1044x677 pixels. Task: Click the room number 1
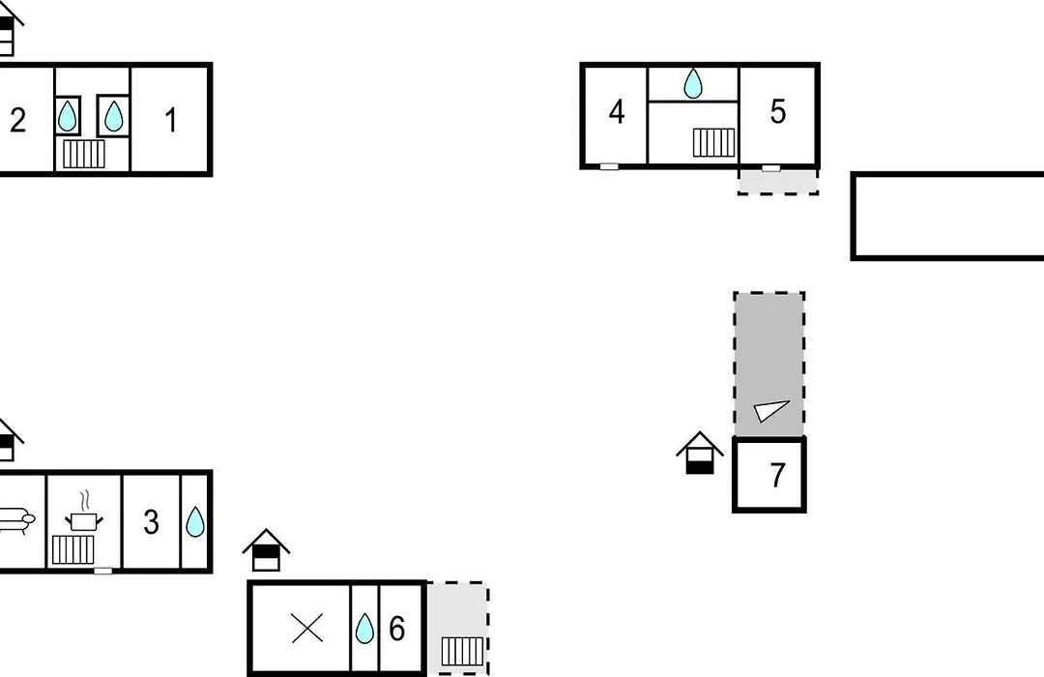(x=171, y=121)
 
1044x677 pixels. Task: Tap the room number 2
(x=18, y=121)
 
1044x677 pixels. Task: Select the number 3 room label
(x=151, y=522)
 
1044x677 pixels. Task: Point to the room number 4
(x=617, y=112)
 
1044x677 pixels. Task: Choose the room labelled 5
(x=777, y=112)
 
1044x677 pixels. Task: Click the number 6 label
(x=397, y=629)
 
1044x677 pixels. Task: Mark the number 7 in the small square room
(x=777, y=476)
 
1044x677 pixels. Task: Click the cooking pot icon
(x=84, y=514)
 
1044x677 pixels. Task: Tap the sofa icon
(x=14, y=519)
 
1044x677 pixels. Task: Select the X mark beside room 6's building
(x=307, y=629)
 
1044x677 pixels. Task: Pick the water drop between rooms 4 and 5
(x=693, y=83)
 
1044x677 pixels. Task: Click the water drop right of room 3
(x=195, y=521)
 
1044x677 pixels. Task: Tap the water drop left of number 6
(x=364, y=629)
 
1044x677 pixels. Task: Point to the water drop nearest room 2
(x=68, y=116)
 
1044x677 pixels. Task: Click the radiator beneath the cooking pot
(x=73, y=549)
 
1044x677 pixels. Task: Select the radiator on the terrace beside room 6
(x=463, y=651)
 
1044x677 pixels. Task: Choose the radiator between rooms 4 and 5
(x=714, y=142)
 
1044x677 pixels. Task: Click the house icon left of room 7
(x=700, y=454)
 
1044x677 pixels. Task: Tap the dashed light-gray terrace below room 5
(x=778, y=182)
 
